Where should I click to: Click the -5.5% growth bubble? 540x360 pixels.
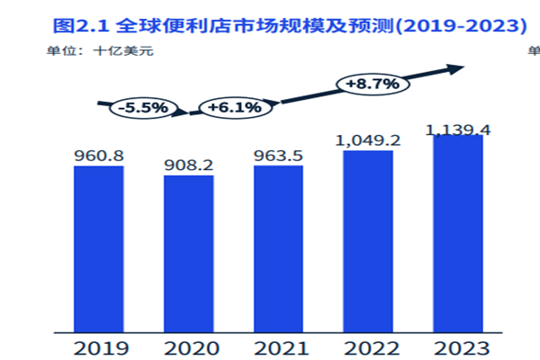click(143, 108)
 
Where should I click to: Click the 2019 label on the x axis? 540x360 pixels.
click(98, 346)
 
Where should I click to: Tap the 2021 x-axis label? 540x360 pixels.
click(278, 346)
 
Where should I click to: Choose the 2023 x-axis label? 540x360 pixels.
click(458, 346)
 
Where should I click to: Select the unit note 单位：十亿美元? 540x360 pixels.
click(100, 50)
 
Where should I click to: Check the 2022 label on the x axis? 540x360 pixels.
click(368, 346)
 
